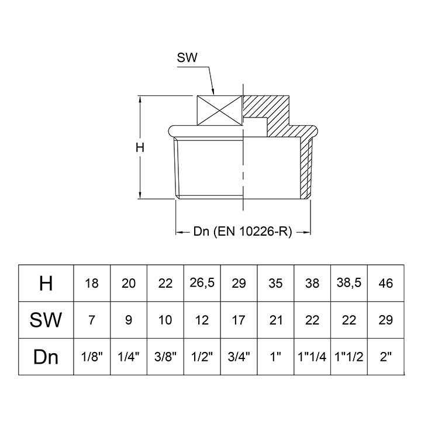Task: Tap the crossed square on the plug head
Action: (219, 111)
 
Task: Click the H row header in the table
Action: (46, 284)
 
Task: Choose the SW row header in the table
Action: (46, 320)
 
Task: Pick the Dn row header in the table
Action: (46, 357)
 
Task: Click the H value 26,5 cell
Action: (202, 284)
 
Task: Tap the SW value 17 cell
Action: (239, 320)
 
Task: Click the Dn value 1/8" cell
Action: (92, 357)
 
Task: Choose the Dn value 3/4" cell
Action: (239, 357)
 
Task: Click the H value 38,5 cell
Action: (350, 284)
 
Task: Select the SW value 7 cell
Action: (92, 320)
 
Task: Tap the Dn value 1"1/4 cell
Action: (313, 357)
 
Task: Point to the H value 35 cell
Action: (276, 284)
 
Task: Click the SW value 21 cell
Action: (276, 320)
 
